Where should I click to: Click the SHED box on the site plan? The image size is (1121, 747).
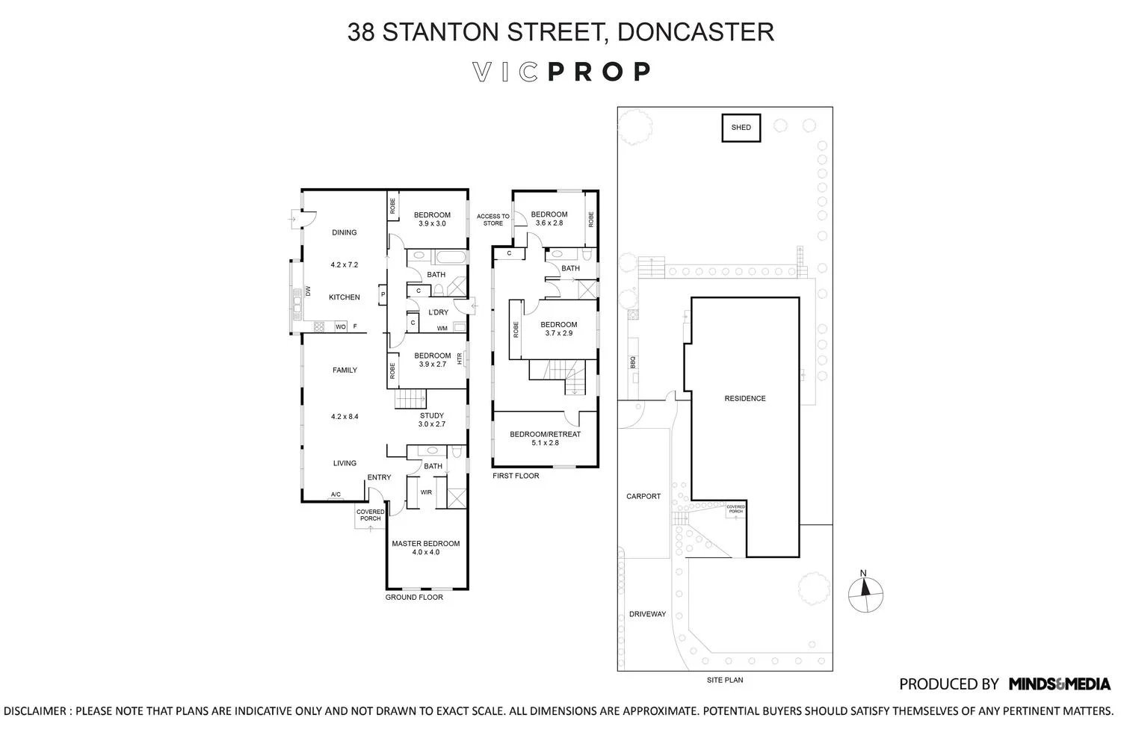click(741, 128)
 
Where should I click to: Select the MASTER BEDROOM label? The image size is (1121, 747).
click(425, 544)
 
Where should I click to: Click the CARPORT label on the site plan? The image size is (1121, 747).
click(643, 496)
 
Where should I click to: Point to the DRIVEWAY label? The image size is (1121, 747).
click(646, 614)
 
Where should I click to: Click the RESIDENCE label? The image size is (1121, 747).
click(744, 399)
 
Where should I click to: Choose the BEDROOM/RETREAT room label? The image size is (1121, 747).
click(545, 434)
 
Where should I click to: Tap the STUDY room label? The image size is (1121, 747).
click(431, 416)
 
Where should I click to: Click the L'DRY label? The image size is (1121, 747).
click(438, 312)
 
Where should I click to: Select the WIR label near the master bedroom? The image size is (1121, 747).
click(426, 492)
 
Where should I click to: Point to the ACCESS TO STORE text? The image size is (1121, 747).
click(492, 220)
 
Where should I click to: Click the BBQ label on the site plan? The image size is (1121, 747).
click(633, 362)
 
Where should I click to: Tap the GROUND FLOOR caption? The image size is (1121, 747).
click(414, 597)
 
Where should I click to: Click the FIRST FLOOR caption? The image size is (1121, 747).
click(516, 475)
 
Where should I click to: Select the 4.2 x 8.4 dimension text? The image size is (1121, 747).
click(345, 417)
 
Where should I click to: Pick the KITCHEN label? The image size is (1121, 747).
click(345, 297)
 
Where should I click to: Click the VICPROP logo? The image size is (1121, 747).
click(561, 72)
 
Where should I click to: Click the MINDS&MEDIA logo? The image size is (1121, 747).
click(1059, 684)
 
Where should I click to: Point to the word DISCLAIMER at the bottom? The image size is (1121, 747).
click(36, 711)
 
